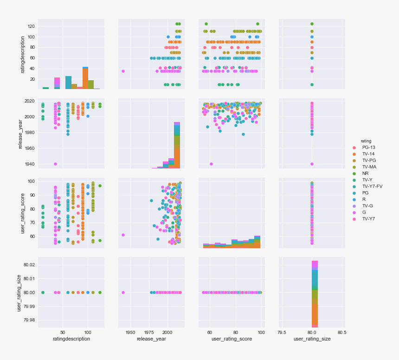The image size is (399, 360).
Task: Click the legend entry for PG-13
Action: point(369,148)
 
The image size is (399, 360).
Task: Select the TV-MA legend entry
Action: point(369,167)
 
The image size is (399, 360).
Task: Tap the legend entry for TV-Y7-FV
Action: point(372,186)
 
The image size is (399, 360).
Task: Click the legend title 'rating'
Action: point(367,141)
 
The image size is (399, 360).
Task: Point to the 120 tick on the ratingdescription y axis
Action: point(31,26)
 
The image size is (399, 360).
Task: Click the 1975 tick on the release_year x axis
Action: point(149,332)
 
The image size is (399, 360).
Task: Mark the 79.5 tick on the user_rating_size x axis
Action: point(282,332)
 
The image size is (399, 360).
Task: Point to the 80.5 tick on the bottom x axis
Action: point(342,332)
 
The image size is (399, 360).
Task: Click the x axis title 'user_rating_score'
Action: point(232,339)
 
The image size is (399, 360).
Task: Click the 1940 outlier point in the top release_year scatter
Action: point(123,71)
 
